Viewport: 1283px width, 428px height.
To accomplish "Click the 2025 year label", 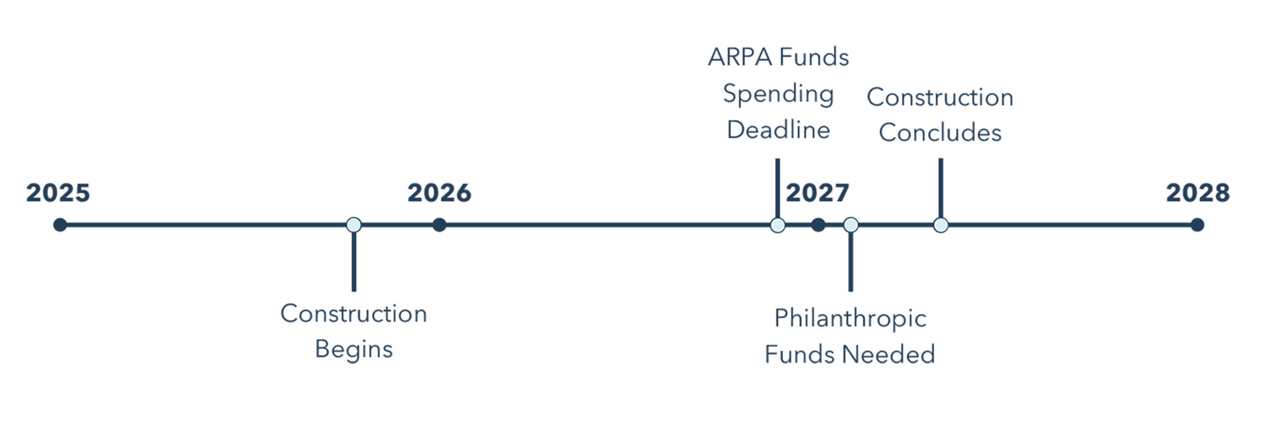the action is (58, 193).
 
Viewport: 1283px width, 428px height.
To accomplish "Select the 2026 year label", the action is (439, 193).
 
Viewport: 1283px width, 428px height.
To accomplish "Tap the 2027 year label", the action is (817, 193).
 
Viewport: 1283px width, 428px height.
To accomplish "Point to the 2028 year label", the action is (1197, 193).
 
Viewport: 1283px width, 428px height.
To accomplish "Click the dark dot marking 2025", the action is (60, 225).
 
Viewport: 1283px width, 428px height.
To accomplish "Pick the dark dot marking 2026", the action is (439, 225).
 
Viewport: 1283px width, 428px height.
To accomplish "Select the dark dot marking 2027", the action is (818, 225).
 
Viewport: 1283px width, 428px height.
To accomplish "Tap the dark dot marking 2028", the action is (1197, 225).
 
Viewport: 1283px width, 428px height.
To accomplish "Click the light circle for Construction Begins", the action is (354, 225).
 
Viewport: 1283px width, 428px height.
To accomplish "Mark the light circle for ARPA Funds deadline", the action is (778, 225).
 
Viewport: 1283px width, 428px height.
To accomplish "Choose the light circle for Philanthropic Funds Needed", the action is (851, 225).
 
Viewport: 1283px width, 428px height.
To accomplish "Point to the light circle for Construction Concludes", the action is (941, 225).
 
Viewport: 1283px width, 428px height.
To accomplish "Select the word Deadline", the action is (778, 130).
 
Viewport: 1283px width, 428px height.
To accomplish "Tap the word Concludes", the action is (940, 132).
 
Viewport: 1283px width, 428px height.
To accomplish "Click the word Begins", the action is (354, 349).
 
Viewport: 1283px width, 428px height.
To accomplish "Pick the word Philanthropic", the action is (850, 318).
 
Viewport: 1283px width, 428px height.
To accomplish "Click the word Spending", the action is (778, 94).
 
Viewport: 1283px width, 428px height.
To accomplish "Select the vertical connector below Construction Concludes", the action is (941, 188).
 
